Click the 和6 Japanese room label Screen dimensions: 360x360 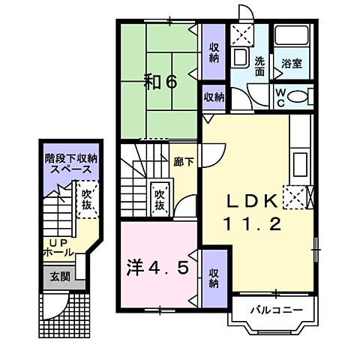click(160, 82)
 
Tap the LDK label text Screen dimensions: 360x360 click(253, 201)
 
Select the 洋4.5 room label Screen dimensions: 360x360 click(157, 267)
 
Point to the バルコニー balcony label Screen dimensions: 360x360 click(277, 310)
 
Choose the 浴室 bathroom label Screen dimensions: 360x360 click(292, 64)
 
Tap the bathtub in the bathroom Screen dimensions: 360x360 click(292, 35)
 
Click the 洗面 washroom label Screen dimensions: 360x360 click(259, 67)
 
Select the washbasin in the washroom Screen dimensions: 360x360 click(241, 57)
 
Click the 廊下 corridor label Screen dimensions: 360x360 click(184, 162)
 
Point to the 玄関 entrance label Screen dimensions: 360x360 click(60, 277)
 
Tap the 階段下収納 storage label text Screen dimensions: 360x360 click(71, 159)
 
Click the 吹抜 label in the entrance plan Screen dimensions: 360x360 click(87, 199)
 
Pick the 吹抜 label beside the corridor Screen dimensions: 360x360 click(160, 200)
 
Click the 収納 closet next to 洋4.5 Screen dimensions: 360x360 click(214, 278)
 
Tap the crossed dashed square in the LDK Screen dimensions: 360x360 click(295, 197)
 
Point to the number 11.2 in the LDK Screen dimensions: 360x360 click(253, 223)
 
